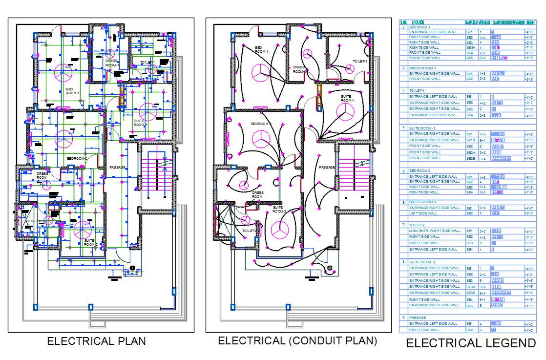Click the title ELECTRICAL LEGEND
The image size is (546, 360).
471,343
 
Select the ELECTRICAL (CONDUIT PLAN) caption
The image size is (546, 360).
297,340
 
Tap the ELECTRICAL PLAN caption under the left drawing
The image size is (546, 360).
96,341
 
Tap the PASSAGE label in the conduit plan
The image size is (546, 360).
327,167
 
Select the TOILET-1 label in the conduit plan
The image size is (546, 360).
360,61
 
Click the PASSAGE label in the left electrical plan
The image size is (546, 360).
117,167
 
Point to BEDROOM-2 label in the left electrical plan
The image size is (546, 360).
77,158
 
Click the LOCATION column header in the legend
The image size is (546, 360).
418,22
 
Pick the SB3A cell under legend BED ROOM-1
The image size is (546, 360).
471,47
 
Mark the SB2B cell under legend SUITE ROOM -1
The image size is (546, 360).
471,158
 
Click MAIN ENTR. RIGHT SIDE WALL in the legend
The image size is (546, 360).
435,231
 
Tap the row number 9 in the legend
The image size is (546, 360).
403,318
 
